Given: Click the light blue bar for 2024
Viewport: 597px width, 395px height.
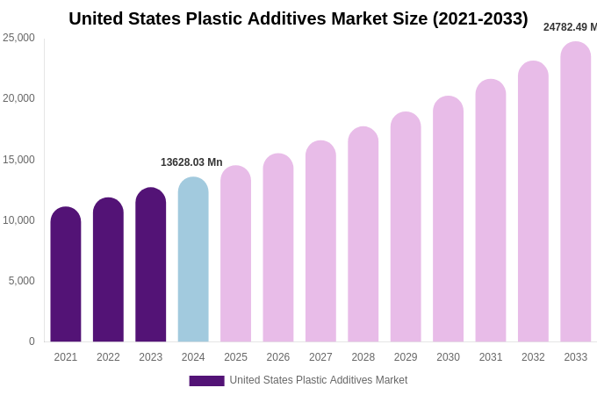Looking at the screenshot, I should pyautogui.click(x=193, y=260).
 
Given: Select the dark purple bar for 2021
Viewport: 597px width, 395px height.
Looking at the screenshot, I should pyautogui.click(x=66, y=275).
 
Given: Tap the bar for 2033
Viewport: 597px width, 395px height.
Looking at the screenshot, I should pyautogui.click(x=576, y=192).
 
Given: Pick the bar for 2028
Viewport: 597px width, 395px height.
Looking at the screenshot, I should pyautogui.click(x=363, y=234).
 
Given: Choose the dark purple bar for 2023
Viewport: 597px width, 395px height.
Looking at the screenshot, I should pyautogui.click(x=151, y=265).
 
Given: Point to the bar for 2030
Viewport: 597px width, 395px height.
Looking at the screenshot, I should pyautogui.click(x=448, y=219).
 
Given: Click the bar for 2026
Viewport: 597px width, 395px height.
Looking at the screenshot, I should pyautogui.click(x=278, y=248).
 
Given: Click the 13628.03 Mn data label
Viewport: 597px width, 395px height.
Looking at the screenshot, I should pyautogui.click(x=191, y=162).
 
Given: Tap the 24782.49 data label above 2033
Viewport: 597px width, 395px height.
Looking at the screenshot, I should pyautogui.click(x=569, y=27).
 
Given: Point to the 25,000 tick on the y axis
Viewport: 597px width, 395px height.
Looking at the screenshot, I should pyautogui.click(x=19, y=38).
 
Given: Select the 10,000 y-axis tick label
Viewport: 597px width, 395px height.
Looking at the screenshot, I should pyautogui.click(x=19, y=220).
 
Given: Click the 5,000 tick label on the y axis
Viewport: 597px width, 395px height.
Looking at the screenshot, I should pyautogui.click(x=22, y=281).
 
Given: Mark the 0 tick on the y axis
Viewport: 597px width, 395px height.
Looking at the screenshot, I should pyautogui.click(x=32, y=341).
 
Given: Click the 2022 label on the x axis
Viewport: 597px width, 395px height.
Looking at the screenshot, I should pyautogui.click(x=108, y=357).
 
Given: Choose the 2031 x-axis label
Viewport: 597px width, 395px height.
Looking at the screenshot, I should pyautogui.click(x=491, y=357).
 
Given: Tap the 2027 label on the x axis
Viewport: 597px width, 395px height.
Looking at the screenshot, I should pyautogui.click(x=320, y=357).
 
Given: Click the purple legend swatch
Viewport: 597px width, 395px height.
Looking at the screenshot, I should pyautogui.click(x=206, y=380).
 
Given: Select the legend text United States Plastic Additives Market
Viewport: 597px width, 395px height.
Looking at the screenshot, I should pyautogui.click(x=319, y=380).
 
